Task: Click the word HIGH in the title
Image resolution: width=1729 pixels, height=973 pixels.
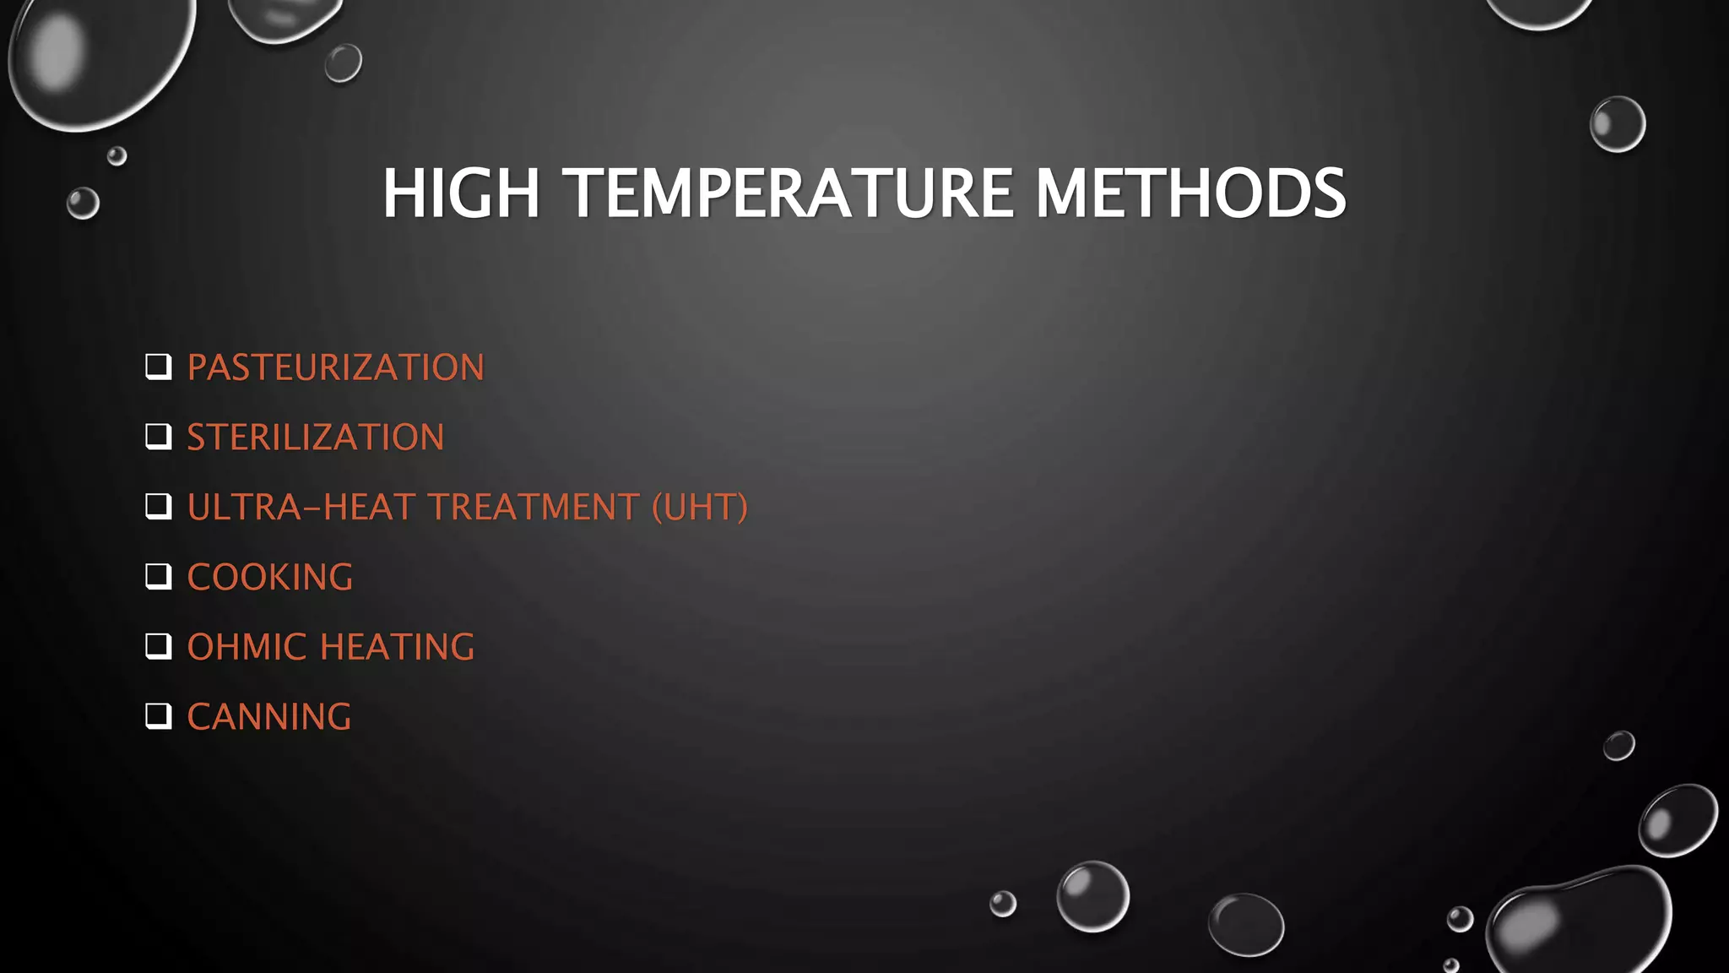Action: point(461,193)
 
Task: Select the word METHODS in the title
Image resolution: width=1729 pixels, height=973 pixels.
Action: point(1190,193)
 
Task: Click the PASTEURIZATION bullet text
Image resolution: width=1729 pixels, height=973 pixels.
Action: point(335,367)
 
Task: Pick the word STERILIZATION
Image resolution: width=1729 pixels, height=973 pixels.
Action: point(315,438)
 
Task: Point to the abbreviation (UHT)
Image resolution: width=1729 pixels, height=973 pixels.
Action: point(699,508)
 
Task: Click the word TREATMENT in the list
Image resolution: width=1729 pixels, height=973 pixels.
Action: point(534,508)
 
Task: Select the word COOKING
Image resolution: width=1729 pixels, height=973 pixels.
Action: point(269,578)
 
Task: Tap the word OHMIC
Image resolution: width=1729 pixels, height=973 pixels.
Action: point(247,648)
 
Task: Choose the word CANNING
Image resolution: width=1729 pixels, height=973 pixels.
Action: point(268,717)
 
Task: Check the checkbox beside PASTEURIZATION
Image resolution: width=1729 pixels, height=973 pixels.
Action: point(158,367)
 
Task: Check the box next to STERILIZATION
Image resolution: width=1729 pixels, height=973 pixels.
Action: point(158,437)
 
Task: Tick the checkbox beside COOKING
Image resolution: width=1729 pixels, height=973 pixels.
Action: point(158,577)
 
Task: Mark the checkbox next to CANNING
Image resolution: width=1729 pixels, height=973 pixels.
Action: point(158,716)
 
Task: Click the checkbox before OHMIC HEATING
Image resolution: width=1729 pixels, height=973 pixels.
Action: point(158,647)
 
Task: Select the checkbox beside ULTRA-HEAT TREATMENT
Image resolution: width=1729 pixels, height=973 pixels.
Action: point(158,507)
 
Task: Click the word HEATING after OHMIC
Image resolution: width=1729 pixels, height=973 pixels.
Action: point(397,648)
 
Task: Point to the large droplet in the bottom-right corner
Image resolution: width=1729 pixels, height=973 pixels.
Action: point(1579,921)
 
